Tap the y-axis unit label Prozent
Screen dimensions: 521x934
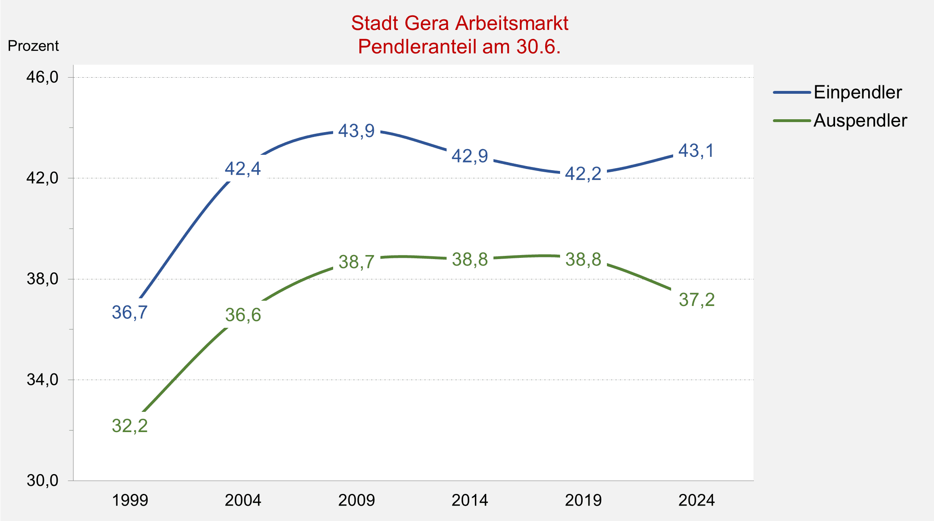(33, 46)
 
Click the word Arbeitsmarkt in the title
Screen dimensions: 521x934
(512, 23)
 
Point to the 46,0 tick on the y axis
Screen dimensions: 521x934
(42, 77)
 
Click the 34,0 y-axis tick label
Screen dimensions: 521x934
(42, 380)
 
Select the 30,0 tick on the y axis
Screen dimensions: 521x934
(42, 480)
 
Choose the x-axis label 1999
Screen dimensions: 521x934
(130, 500)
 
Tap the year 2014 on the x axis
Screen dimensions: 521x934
(470, 500)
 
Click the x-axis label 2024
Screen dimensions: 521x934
(696, 500)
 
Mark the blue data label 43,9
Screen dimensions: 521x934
(356, 131)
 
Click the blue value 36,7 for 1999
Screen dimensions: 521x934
(130, 312)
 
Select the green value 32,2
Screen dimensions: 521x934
(130, 426)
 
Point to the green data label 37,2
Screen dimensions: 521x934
(697, 300)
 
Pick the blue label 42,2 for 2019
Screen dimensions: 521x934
(583, 174)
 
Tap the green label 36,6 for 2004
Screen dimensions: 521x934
(243, 315)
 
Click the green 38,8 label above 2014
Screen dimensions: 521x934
(470, 259)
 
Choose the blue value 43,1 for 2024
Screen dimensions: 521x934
(696, 151)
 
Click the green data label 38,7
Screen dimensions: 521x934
(357, 262)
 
